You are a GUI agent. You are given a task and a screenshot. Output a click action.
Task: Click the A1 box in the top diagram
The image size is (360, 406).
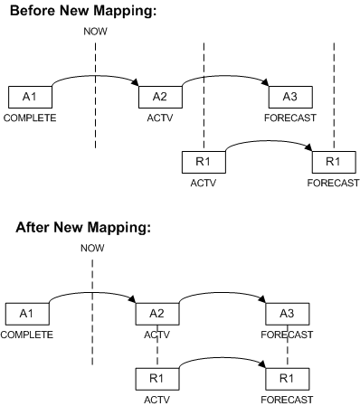[30, 98]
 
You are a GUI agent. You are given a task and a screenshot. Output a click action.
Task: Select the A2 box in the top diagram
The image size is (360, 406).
[159, 98]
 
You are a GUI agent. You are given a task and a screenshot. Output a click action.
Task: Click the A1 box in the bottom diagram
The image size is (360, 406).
[26, 314]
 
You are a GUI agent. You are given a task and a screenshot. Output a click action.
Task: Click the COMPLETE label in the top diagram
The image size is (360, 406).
[29, 118]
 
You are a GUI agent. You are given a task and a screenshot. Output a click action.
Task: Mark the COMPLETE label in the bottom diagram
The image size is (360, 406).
[26, 334]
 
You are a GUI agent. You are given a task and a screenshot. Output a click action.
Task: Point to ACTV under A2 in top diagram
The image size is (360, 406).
[159, 118]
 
